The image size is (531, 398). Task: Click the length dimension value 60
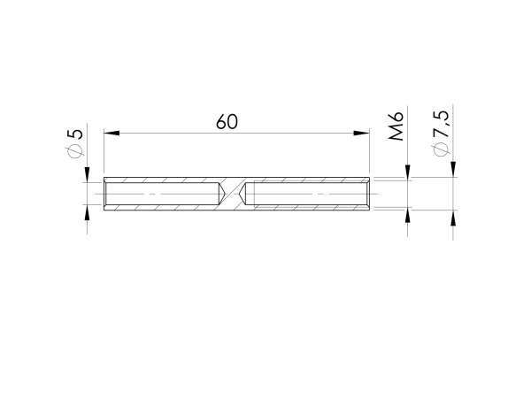[x=227, y=122]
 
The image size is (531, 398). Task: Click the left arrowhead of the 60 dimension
[x=112, y=134]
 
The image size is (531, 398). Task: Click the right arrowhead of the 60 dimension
[x=361, y=134]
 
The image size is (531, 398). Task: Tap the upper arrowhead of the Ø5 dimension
[x=87, y=174]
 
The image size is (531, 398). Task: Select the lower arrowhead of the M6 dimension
[x=408, y=217]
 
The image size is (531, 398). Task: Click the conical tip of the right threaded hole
[x=247, y=194]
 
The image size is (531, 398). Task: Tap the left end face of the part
[x=104, y=194]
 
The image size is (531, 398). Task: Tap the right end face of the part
[x=369, y=194]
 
